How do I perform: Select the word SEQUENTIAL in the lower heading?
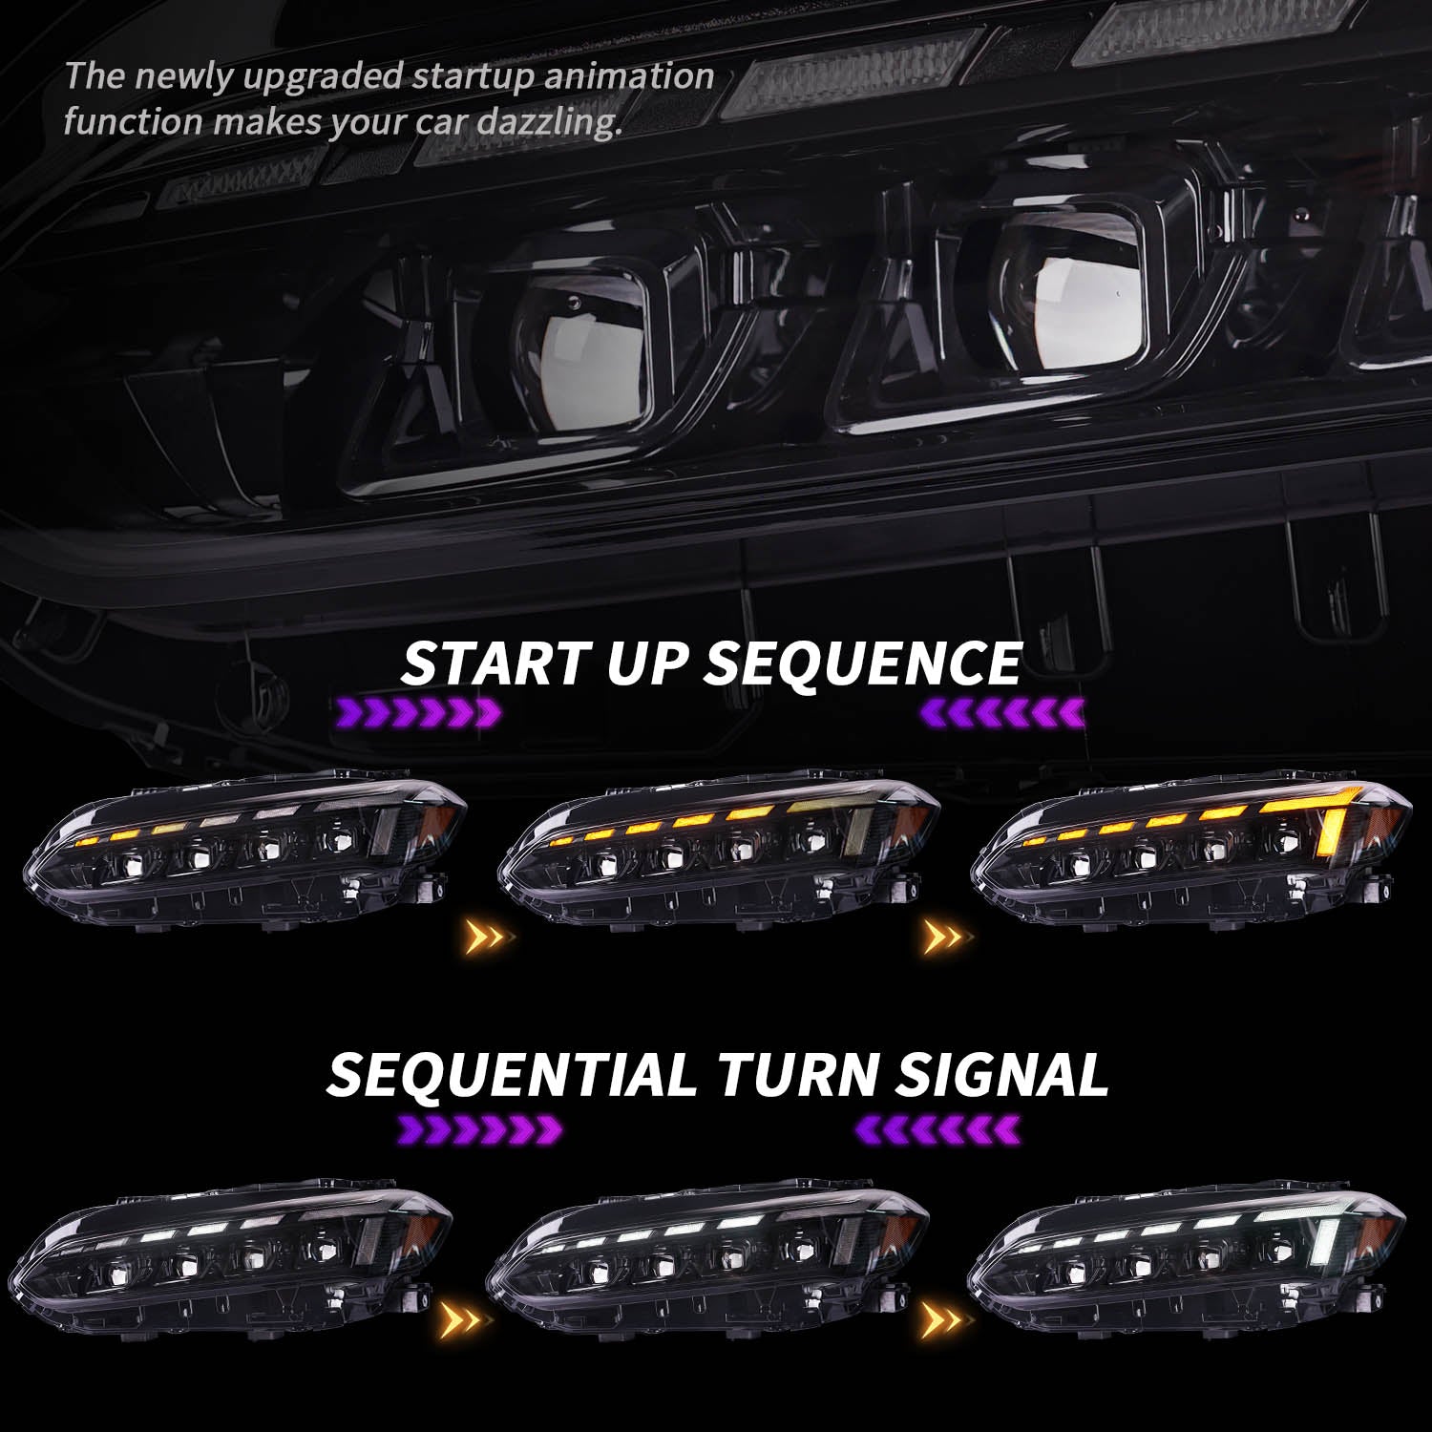click(x=512, y=1074)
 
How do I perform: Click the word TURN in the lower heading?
click(x=796, y=1074)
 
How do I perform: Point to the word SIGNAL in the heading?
click(x=1001, y=1074)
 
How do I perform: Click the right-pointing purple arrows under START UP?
click(x=418, y=711)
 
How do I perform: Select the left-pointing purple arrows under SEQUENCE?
click(x=1002, y=711)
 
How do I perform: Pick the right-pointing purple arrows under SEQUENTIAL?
click(x=479, y=1129)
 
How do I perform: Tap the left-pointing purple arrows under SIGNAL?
click(x=939, y=1129)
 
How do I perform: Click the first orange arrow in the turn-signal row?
click(x=466, y=1320)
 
